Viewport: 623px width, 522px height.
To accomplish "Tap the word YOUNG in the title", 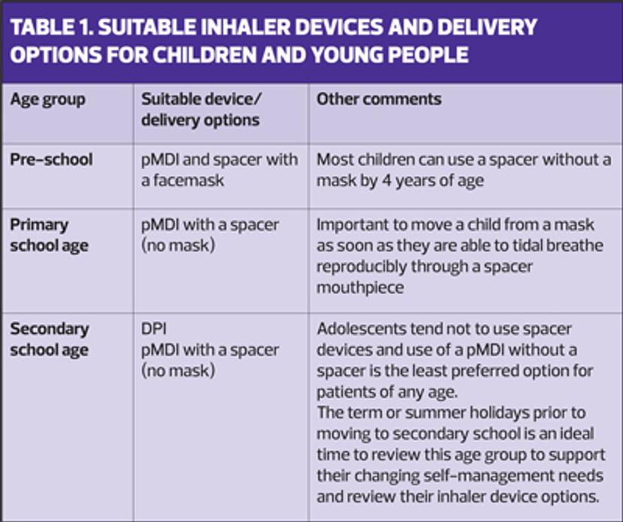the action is pyautogui.click(x=346, y=54).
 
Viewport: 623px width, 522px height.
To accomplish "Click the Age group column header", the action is pyautogui.click(x=47, y=99).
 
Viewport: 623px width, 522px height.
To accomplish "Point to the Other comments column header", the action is pyautogui.click(x=379, y=99).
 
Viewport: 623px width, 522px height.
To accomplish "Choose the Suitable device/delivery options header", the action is pyautogui.click(x=201, y=109).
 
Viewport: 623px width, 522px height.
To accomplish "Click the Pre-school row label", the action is pyautogui.click(x=51, y=160).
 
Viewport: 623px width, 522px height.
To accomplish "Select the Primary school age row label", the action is pyautogui.click(x=49, y=235).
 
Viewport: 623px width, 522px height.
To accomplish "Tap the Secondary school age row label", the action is pyautogui.click(x=50, y=340).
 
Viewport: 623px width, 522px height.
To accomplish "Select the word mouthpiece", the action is pyautogui.click(x=360, y=287).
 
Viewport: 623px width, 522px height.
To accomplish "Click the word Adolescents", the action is pyautogui.click(x=361, y=329).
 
